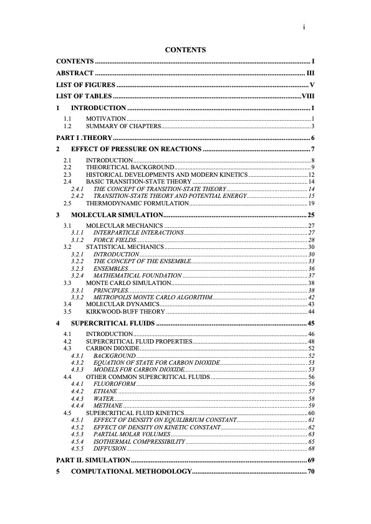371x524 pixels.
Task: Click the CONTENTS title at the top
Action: pyautogui.click(x=185, y=49)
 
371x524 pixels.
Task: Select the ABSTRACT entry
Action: pyautogui.click(x=75, y=73)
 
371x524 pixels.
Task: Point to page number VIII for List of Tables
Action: pyautogui.click(x=308, y=96)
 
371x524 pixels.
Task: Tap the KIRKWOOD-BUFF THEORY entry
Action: pyautogui.click(x=125, y=311)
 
